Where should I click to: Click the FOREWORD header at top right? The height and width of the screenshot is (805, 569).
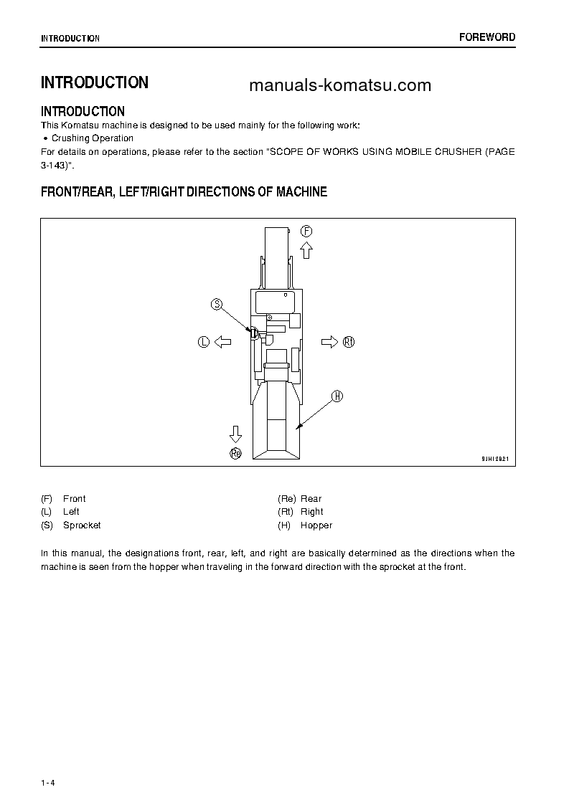pos(487,37)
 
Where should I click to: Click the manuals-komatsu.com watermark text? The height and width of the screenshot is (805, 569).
pos(340,86)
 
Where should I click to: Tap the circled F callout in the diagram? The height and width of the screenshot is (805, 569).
pos(306,231)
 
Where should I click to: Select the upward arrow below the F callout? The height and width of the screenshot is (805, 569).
pos(306,249)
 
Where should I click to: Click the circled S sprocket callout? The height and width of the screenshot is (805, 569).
pos(217,305)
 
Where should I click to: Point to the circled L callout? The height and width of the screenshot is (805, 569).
pos(203,342)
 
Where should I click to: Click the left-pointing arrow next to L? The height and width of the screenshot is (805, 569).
pos(222,342)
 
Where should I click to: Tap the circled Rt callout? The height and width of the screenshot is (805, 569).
pos(349,342)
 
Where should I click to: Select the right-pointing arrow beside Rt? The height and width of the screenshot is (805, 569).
pos(329,342)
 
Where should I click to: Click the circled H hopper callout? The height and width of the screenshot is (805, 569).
pos(337,396)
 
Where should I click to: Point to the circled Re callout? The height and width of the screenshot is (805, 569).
pos(235,452)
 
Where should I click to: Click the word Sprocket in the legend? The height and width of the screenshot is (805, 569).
pos(82,525)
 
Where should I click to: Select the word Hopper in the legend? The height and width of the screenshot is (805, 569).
pos(316,525)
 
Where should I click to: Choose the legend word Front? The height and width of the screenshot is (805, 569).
pos(74,499)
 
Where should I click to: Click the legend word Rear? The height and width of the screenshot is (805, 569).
pos(311,499)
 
